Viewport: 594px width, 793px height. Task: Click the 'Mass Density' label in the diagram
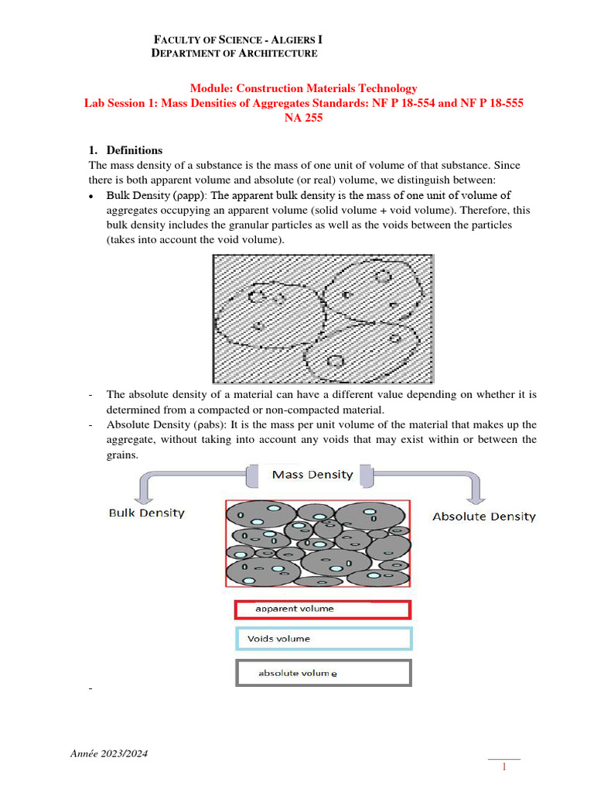312,475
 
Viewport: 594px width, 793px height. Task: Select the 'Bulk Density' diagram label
146,513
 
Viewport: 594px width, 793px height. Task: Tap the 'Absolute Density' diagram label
483,516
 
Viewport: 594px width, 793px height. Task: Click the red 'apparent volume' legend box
323,609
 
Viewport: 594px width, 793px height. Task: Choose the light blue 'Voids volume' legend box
323,639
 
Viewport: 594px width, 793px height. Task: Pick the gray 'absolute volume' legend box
323,673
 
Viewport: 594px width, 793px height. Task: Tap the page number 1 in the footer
504,767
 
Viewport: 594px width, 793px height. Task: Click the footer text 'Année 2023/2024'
111,754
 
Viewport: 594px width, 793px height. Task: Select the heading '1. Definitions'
126,150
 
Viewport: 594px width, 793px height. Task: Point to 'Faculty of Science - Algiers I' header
238,39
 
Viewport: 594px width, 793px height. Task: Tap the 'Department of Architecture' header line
234,53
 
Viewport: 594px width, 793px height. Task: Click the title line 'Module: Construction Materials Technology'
304,89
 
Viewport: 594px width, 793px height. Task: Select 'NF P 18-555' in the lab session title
493,104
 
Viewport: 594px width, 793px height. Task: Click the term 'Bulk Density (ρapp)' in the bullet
155,195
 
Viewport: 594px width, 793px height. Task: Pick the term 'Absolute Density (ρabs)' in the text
155,425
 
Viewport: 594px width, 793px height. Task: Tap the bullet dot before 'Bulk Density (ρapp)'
92,196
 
